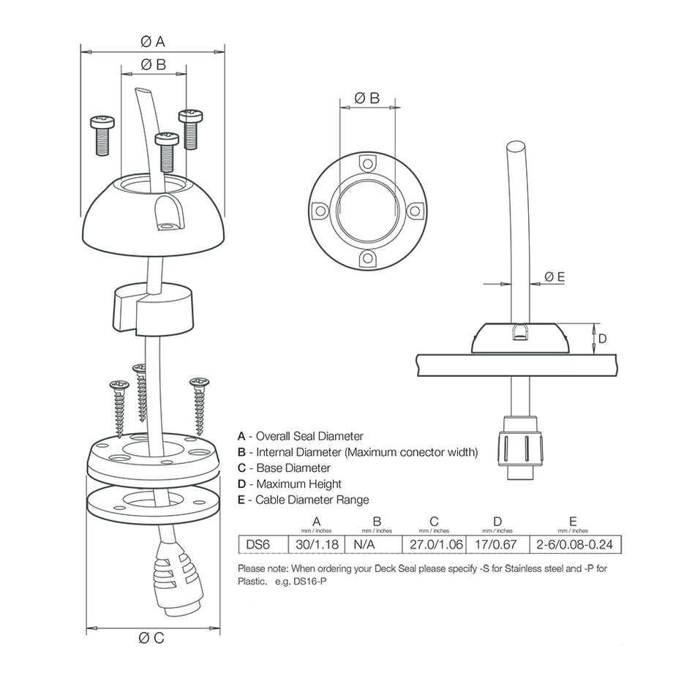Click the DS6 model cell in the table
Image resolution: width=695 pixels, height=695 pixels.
pos(258,544)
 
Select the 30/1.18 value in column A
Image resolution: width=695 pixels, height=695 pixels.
pos(316,544)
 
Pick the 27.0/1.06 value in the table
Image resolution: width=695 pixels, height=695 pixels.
pos(433,544)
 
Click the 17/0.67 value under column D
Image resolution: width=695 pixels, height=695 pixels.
pos(497,544)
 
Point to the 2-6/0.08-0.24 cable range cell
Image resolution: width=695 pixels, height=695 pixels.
pos(573,544)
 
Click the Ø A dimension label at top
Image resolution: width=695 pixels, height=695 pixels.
pos(152,42)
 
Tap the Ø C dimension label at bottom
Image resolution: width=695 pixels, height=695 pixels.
pos(152,637)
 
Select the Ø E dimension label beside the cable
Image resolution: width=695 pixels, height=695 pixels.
pos(555,276)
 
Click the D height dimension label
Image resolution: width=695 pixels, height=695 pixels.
pos(602,339)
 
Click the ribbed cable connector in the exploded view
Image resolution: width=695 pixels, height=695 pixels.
pos(177,579)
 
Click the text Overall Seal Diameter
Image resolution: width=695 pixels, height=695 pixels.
pos(309,436)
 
